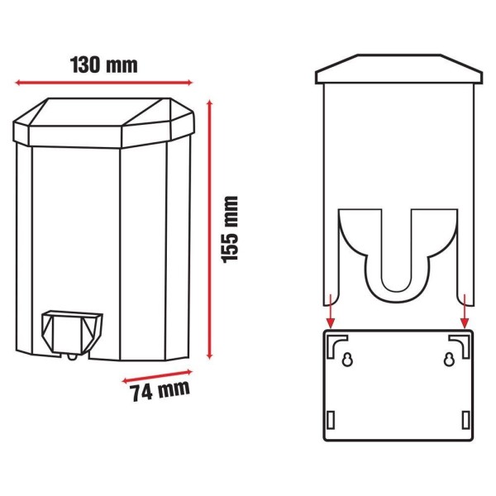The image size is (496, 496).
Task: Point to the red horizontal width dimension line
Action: pyautogui.click(x=104, y=82)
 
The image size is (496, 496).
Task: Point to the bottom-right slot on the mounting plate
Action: pyautogui.click(x=464, y=419)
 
